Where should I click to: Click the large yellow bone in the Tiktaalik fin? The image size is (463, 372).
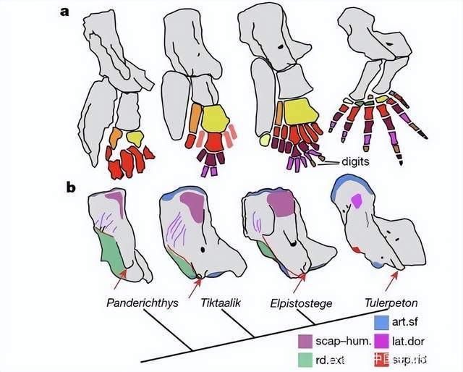(215, 118)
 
